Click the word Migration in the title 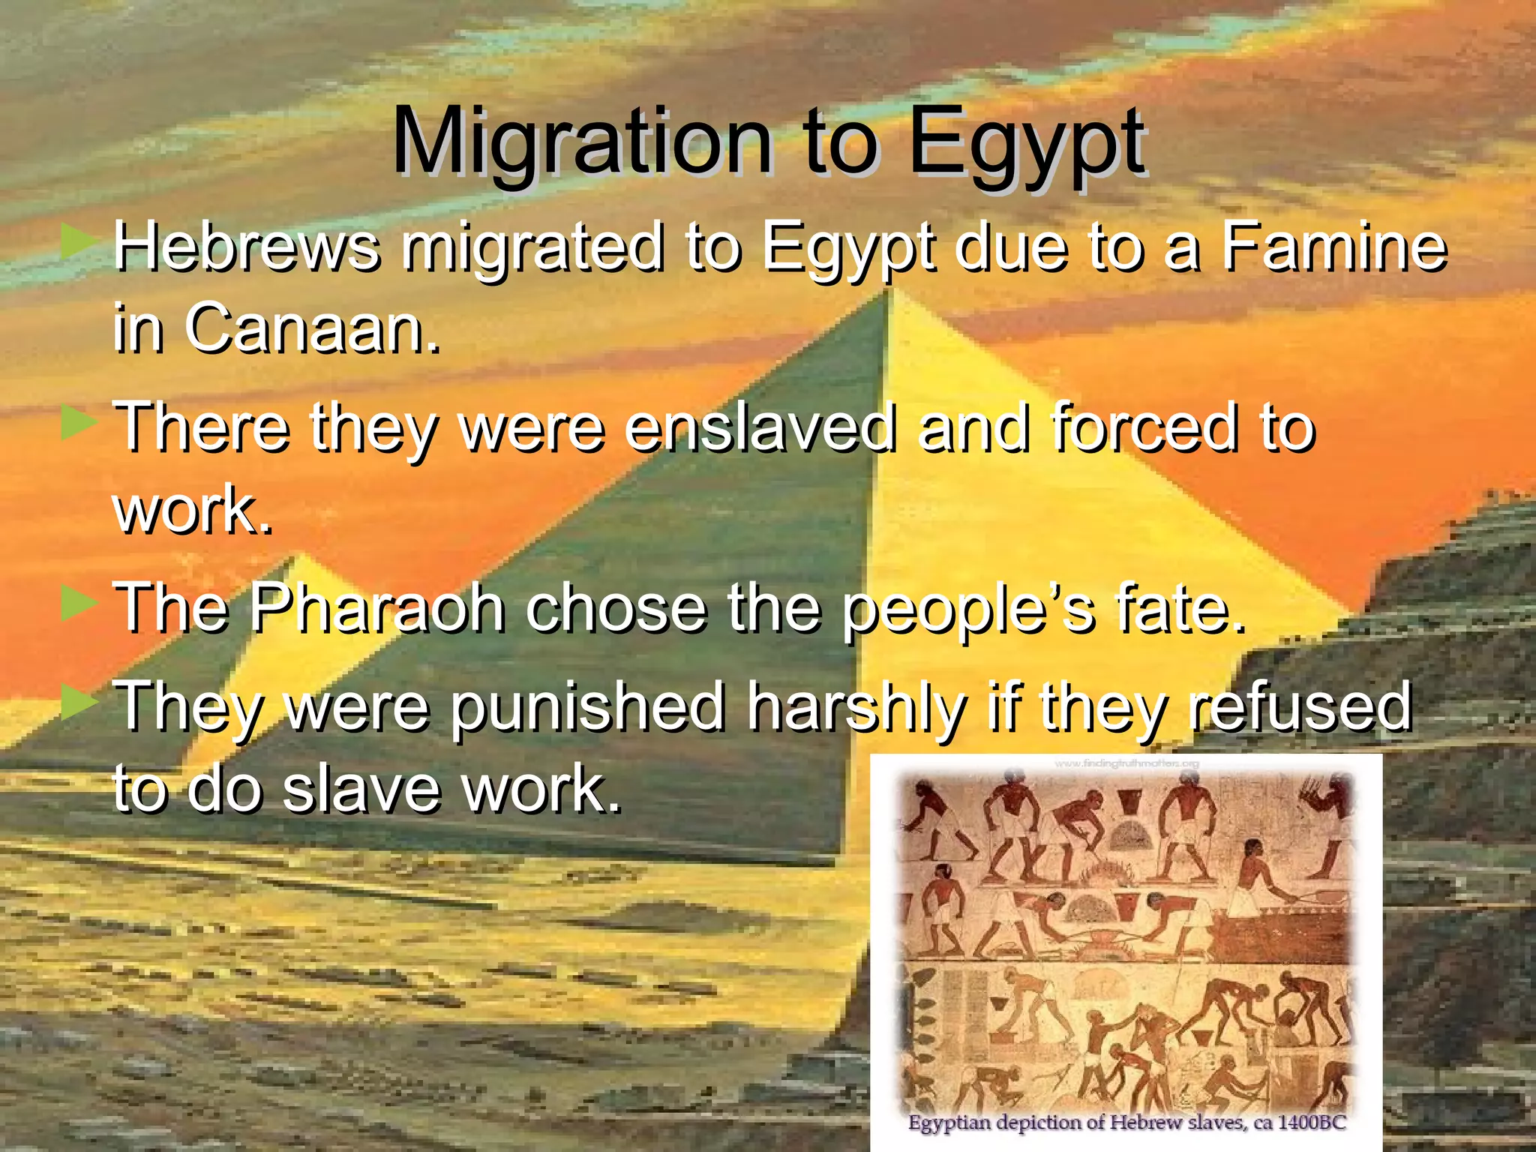581,142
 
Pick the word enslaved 760,427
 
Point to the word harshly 856,708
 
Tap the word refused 1300,706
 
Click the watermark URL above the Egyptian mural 1126,763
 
